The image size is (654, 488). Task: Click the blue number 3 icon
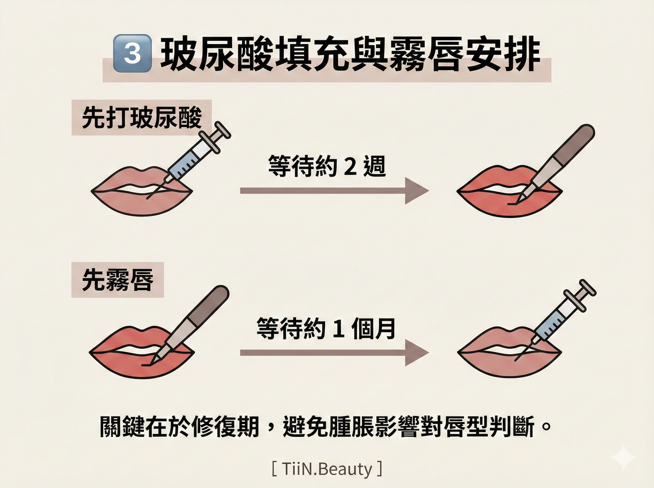point(132,53)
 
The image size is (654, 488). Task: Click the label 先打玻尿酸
point(142,118)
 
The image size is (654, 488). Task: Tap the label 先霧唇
point(118,280)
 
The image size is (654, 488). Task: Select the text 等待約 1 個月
point(326,328)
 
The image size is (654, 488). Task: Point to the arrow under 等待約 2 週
point(334,191)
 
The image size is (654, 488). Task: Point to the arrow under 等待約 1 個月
point(334,353)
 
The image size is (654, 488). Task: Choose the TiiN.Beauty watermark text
point(327,469)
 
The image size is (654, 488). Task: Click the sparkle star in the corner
point(623,457)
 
